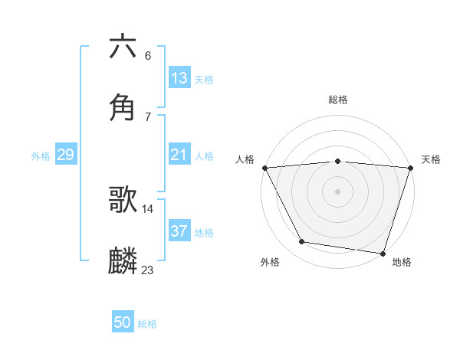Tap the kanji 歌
pyautogui.click(x=123, y=199)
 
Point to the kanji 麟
pyautogui.click(x=123, y=260)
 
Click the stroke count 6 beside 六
pyautogui.click(x=148, y=55)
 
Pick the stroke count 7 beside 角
pyautogui.click(x=148, y=116)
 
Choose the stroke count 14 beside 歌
pyautogui.click(x=148, y=208)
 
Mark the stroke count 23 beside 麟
pyautogui.click(x=148, y=270)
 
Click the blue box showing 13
pyautogui.click(x=179, y=78)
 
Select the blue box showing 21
pyautogui.click(x=179, y=155)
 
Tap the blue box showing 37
pyautogui.click(x=179, y=231)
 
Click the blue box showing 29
pyautogui.click(x=65, y=155)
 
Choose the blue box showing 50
pyautogui.click(x=123, y=323)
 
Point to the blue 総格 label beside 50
pyautogui.click(x=147, y=325)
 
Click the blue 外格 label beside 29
pyautogui.click(x=41, y=156)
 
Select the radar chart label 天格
pyautogui.click(x=431, y=159)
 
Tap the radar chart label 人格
pyautogui.click(x=245, y=159)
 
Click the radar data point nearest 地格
pyautogui.click(x=383, y=253)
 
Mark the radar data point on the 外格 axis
pyautogui.click(x=302, y=242)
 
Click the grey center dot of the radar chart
pyautogui.click(x=337, y=191)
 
